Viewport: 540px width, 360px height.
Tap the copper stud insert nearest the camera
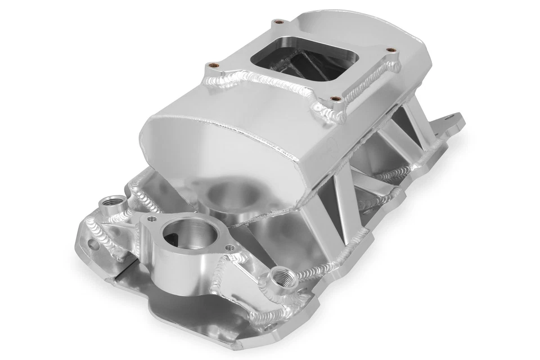[335, 100]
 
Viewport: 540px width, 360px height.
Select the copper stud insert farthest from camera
[276, 23]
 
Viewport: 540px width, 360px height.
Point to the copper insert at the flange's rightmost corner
[387, 49]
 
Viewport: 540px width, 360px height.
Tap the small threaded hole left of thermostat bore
[151, 217]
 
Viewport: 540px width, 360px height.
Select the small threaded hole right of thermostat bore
[229, 245]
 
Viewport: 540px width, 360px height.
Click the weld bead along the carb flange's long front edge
[276, 87]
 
